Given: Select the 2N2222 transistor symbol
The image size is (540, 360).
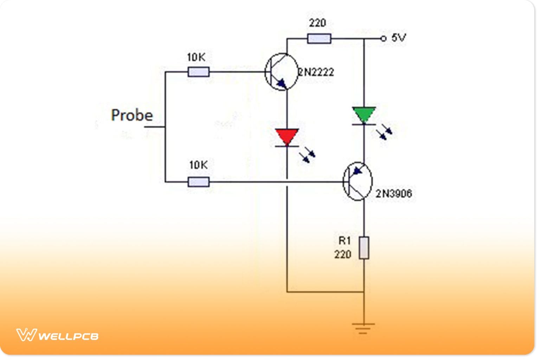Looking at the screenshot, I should coord(281,72).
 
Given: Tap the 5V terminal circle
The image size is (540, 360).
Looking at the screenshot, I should coord(384,38).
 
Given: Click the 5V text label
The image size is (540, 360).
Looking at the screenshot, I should coord(399,38).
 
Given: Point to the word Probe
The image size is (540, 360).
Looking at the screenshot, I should coord(132,115).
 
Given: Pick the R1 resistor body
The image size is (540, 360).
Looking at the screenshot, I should coord(364,248).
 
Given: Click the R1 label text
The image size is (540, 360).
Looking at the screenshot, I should coord(344,241).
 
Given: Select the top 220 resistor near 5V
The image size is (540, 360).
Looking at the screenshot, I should coord(319,38).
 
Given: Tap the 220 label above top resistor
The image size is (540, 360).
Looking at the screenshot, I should coord(317,23).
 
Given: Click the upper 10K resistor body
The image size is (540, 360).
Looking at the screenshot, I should coord(199,72).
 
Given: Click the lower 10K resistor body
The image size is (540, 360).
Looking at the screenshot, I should coord(199,182).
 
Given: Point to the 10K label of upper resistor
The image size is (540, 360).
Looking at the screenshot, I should coord(196,57).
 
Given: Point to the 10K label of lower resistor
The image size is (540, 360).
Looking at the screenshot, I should coord(198,165).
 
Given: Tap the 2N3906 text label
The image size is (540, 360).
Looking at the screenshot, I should coord(394,193).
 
